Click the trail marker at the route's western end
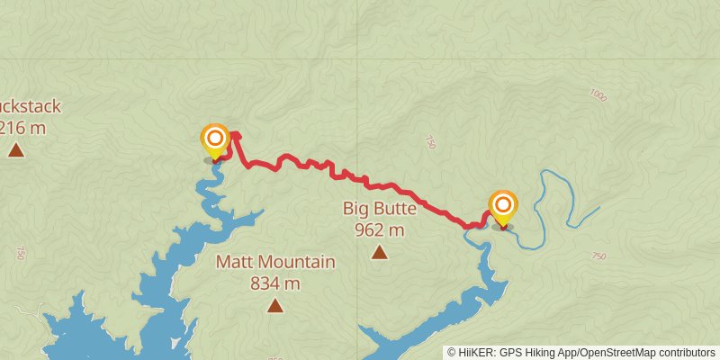tap(215, 139)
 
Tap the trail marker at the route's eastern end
tap(502, 206)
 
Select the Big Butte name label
tap(380, 209)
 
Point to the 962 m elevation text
tap(380, 229)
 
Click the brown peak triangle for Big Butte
tap(380, 253)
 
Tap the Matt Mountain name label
tap(275, 263)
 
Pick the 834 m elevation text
tap(275, 283)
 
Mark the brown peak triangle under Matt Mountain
tap(275, 306)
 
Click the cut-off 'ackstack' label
tap(31, 107)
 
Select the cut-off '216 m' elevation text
tap(23, 128)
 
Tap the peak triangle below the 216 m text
tap(15, 149)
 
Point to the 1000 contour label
tap(598, 94)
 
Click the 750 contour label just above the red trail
tap(430, 141)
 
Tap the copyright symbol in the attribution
tap(452, 353)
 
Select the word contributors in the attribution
tap(685, 353)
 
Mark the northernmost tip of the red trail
tap(236, 134)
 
